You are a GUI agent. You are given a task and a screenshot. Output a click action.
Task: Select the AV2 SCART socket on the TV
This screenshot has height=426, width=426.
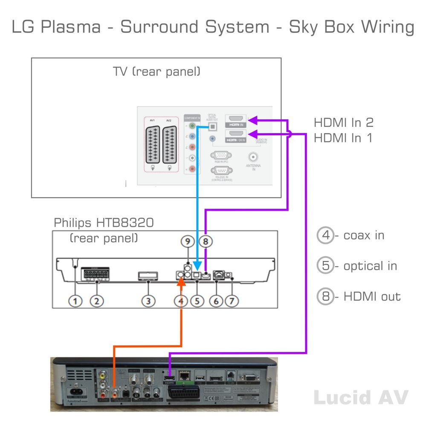click(x=169, y=145)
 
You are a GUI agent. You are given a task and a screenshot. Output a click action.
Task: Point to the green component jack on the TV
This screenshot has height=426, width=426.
click(x=193, y=126)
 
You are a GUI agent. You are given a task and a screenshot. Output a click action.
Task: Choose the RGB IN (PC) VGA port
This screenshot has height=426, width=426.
click(x=220, y=156)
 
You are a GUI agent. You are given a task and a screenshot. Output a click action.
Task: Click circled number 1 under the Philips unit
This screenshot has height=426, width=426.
click(x=75, y=301)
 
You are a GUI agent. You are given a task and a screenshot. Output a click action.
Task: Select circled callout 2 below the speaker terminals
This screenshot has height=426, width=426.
click(x=97, y=301)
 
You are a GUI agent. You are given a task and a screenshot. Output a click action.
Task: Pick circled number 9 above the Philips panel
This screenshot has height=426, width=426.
click(x=187, y=242)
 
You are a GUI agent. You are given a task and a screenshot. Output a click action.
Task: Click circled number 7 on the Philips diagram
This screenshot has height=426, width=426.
click(x=232, y=301)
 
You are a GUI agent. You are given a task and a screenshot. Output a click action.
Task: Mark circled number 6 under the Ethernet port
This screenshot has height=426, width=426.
click(x=216, y=301)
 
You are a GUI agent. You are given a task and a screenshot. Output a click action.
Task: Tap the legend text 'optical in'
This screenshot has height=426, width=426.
click(x=370, y=266)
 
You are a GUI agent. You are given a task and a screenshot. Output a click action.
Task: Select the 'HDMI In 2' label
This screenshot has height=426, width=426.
click(x=343, y=123)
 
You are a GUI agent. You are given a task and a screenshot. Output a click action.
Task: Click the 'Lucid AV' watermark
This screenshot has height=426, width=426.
click(x=361, y=397)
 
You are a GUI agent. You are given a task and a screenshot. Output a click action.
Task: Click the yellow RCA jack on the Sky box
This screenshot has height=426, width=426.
click(x=102, y=374)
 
